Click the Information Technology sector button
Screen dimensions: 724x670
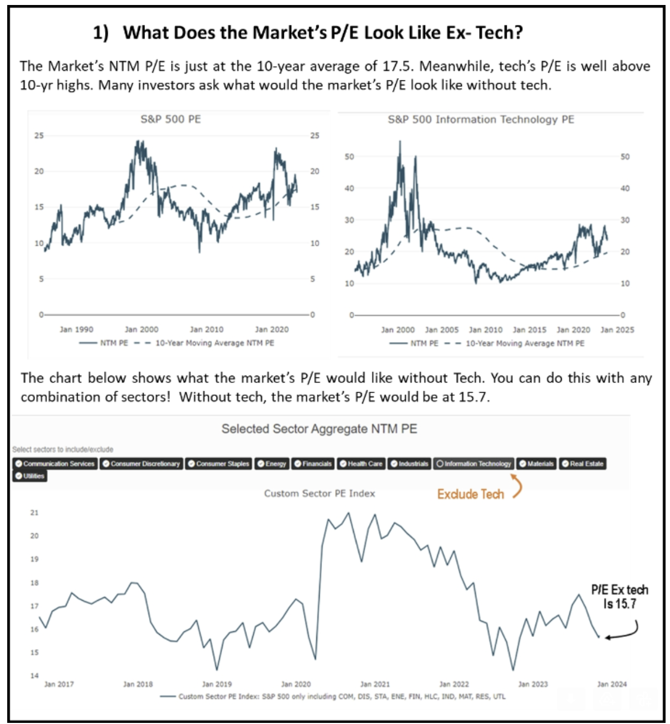[x=473, y=464]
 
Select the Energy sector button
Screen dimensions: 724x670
[x=272, y=464]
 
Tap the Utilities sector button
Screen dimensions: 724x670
[x=30, y=476]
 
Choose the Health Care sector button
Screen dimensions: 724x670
[x=361, y=464]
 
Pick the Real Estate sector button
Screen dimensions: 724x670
[x=582, y=464]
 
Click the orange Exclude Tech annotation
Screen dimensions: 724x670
[x=470, y=494]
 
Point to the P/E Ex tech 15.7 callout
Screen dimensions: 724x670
[x=619, y=596]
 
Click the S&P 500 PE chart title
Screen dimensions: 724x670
[x=170, y=119]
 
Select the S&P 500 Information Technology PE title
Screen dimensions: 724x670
[x=481, y=119]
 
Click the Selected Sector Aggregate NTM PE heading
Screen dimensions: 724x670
[x=319, y=429]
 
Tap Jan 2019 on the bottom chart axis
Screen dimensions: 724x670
[x=216, y=684]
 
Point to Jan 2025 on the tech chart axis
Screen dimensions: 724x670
[x=617, y=330]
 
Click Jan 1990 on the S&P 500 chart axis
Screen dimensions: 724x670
[x=77, y=330]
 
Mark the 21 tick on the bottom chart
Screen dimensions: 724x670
[x=34, y=513]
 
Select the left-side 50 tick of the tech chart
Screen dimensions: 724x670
[x=349, y=157]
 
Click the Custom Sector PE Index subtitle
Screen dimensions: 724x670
[x=319, y=493]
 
